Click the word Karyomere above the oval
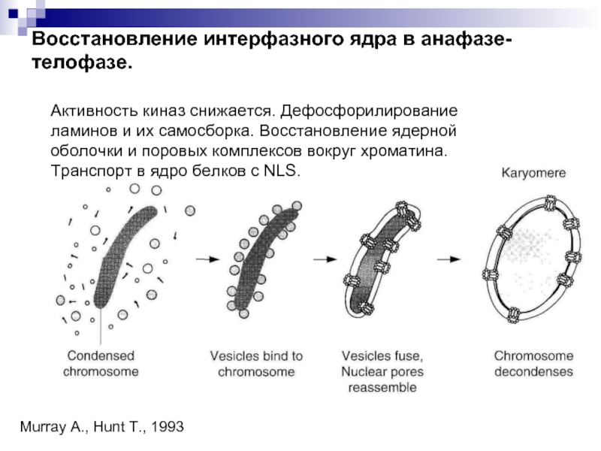coord(533,173)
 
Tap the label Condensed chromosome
coord(101,364)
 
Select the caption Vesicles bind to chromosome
coord(256,364)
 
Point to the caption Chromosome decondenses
coord(533,364)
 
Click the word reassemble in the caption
coord(382,387)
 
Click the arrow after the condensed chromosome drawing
coord(207,259)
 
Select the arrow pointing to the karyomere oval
coord(448,259)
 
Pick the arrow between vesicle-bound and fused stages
coord(325,259)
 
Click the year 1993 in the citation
coord(167,426)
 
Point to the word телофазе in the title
coord(82,62)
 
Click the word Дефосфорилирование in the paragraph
coord(369,110)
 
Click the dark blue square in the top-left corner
coord(13,14)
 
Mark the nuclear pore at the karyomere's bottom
coord(514,315)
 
